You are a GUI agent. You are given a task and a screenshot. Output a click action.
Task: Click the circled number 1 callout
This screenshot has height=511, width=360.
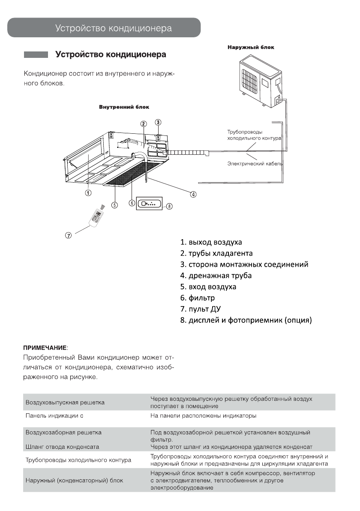[87, 193]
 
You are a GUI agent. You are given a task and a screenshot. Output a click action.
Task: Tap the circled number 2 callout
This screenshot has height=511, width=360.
[144, 123]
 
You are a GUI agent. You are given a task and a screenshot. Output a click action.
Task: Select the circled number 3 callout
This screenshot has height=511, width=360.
[158, 122]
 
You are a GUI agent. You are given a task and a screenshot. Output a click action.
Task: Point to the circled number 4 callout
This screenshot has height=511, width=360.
[193, 194]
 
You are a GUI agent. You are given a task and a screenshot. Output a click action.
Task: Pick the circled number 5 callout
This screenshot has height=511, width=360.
[114, 204]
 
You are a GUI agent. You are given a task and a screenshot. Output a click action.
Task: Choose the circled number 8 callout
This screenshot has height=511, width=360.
[169, 206]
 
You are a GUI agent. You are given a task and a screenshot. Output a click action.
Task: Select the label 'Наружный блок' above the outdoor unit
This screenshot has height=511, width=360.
[251, 48]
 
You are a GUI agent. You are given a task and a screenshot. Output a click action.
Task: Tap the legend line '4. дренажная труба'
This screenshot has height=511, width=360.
[216, 275]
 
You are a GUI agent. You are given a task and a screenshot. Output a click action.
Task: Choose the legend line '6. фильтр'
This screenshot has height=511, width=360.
[198, 298]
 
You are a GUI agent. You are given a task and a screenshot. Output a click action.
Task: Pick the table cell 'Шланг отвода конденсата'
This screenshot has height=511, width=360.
[62, 447]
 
